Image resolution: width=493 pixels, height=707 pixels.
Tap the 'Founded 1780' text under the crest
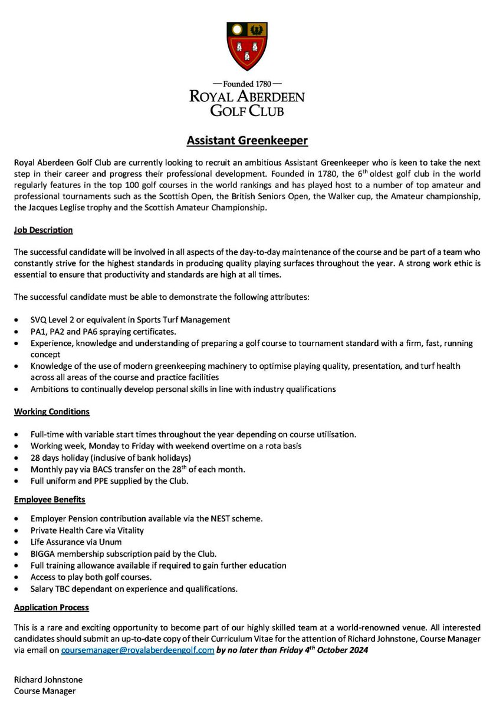246,84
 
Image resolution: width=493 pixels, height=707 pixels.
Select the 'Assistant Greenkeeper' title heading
246,141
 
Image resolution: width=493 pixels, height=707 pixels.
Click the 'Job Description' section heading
43,230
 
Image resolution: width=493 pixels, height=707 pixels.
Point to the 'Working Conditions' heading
52,411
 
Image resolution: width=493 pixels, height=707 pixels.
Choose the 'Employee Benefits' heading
50,499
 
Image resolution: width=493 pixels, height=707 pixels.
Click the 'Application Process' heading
51,607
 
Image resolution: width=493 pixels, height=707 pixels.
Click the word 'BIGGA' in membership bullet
44,554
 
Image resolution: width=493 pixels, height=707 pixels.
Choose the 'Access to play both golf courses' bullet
91,577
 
